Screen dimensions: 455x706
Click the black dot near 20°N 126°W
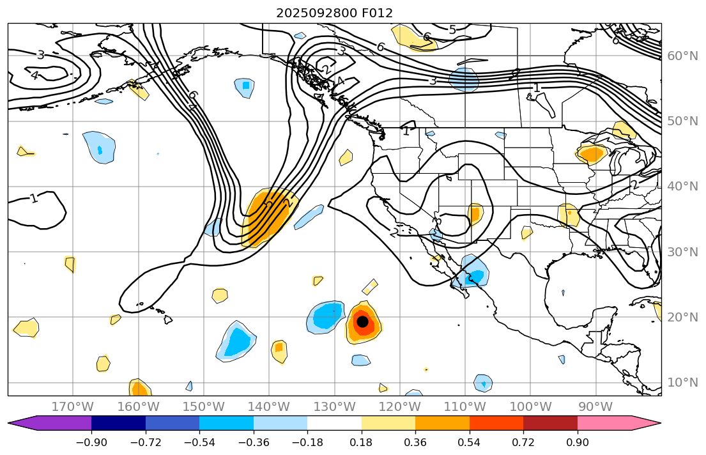pos(362,321)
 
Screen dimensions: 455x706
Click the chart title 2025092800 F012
pos(334,13)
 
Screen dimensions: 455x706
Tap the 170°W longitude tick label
pos(73,406)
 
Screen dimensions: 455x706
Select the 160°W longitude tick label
pos(139,406)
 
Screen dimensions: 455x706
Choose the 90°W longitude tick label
pos(595,406)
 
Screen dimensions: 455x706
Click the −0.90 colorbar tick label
pos(91,442)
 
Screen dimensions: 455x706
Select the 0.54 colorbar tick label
pos(470,442)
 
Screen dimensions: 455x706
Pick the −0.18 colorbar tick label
pos(307,442)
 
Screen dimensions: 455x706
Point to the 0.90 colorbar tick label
pos(578,442)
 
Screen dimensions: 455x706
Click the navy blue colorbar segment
pos(118,423)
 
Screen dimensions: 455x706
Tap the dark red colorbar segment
pos(550,423)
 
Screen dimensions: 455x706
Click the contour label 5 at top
pos(452,29)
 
